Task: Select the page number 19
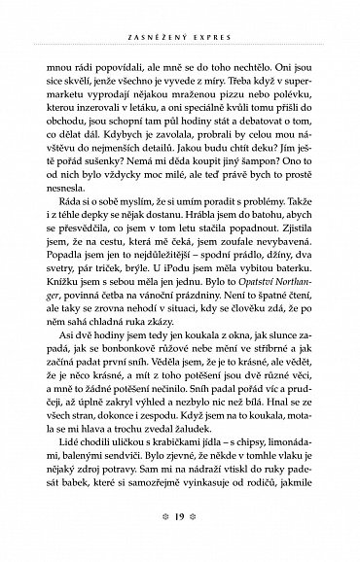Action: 181,534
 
